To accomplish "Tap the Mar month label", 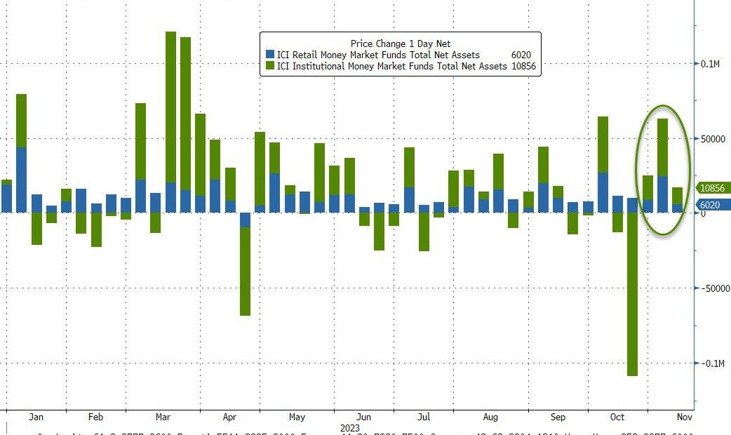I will pos(163,417).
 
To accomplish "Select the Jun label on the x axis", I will pos(363,417).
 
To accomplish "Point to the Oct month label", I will pos(617,417).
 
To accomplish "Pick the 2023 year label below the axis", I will pos(349,427).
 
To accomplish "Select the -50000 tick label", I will pos(715,288).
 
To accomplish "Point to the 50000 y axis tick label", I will pos(713,139).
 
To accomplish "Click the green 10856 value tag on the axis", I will pos(714,188).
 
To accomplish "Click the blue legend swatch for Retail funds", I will pos(270,55).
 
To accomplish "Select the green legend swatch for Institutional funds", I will pos(270,66).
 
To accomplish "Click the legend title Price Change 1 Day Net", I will pos(401,43).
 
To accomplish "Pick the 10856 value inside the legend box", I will pos(524,66).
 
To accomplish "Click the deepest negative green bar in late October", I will pos(632,294).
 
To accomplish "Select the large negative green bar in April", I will pos(245,271).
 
